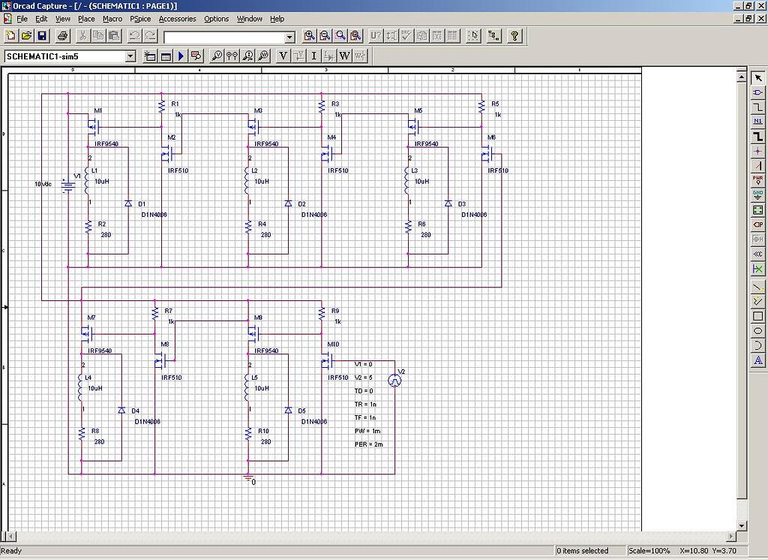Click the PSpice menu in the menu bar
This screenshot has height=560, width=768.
click(140, 19)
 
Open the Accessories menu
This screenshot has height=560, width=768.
click(177, 19)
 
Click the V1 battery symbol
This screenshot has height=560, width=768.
click(68, 184)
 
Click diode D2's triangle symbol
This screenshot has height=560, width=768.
click(288, 203)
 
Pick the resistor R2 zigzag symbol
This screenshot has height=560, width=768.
click(88, 226)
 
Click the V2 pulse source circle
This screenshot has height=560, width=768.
click(394, 381)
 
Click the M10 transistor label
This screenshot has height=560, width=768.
click(333, 345)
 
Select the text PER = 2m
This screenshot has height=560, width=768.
click(369, 444)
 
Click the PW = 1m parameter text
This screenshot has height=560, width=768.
click(367, 431)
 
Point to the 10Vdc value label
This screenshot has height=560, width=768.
click(43, 184)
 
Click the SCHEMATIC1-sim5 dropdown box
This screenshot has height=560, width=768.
click(70, 56)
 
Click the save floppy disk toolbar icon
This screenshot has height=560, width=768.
click(42, 36)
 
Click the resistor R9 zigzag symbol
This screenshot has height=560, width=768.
click(322, 312)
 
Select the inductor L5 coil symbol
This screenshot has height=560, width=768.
click(248, 388)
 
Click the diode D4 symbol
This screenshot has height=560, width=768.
click(121, 410)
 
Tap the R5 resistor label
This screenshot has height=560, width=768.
click(495, 104)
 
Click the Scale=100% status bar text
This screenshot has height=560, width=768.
click(649, 551)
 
